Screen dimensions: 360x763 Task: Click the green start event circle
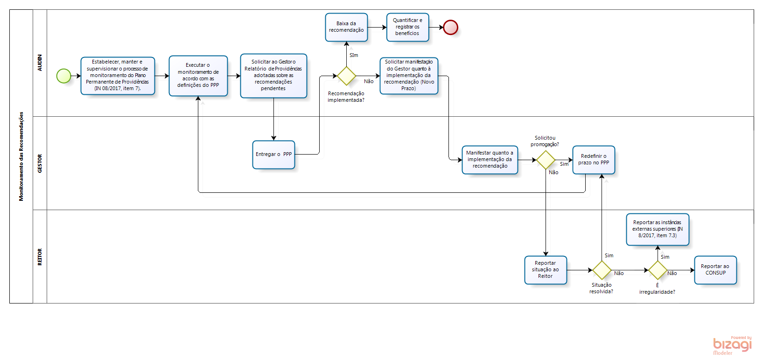pyautogui.click(x=63, y=76)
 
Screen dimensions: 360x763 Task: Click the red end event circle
pyautogui.click(x=450, y=28)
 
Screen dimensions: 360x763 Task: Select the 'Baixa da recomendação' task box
pyautogui.click(x=346, y=27)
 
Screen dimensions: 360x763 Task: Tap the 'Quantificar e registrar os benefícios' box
pyautogui.click(x=407, y=27)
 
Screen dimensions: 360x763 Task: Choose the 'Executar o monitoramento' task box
pyautogui.click(x=198, y=76)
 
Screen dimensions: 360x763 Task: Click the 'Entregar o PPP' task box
pyautogui.click(x=273, y=155)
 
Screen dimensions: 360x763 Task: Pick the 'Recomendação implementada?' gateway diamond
pyautogui.click(x=346, y=76)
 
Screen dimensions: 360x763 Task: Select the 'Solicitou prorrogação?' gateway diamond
pyautogui.click(x=546, y=160)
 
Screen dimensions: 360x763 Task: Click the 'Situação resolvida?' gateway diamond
pyautogui.click(x=602, y=270)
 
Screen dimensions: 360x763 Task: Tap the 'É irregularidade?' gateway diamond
pyautogui.click(x=658, y=270)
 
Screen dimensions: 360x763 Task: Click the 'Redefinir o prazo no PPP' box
pyautogui.click(x=594, y=160)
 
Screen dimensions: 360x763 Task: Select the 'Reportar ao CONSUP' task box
pyautogui.click(x=715, y=270)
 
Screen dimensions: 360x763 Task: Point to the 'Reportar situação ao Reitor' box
pyautogui.click(x=546, y=270)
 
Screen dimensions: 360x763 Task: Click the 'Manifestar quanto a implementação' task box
pyautogui.click(x=490, y=160)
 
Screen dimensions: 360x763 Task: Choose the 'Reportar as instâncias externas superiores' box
pyautogui.click(x=658, y=229)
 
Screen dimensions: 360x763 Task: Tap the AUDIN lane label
pyautogui.click(x=40, y=63)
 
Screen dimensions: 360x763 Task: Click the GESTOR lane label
pyautogui.click(x=40, y=163)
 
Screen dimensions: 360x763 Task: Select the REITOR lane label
pyautogui.click(x=40, y=257)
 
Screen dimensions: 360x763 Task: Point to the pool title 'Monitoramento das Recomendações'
pyautogui.click(x=21, y=156)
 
